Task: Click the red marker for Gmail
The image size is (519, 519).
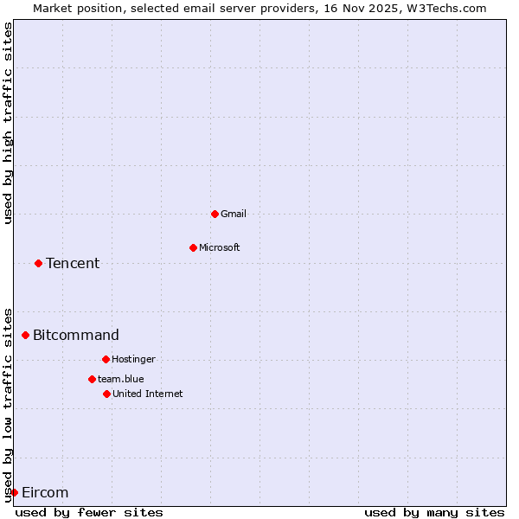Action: tap(215, 214)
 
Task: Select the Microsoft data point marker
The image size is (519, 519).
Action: tap(193, 247)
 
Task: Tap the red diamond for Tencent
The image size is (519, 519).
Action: tap(38, 263)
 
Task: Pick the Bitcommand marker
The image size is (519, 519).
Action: tap(25, 335)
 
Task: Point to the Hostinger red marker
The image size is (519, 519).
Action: tap(106, 359)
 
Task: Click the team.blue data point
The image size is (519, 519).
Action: tap(92, 379)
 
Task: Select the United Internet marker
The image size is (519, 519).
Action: tap(106, 394)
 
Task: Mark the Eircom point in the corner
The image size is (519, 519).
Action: tap(14, 492)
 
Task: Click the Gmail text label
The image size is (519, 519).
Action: tap(234, 214)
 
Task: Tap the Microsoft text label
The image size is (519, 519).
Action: tap(220, 247)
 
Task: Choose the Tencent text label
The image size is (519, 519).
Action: tap(73, 263)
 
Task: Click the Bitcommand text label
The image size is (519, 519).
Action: tap(76, 335)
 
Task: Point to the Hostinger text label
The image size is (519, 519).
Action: tap(133, 359)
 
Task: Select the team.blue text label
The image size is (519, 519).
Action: tap(121, 379)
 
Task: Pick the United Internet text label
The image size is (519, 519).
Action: tap(148, 394)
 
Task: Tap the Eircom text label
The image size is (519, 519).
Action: tap(45, 492)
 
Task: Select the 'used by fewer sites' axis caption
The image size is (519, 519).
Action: tap(89, 512)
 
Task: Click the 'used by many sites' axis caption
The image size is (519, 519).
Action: tap(434, 512)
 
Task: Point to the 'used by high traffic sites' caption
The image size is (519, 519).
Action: tap(9, 123)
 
